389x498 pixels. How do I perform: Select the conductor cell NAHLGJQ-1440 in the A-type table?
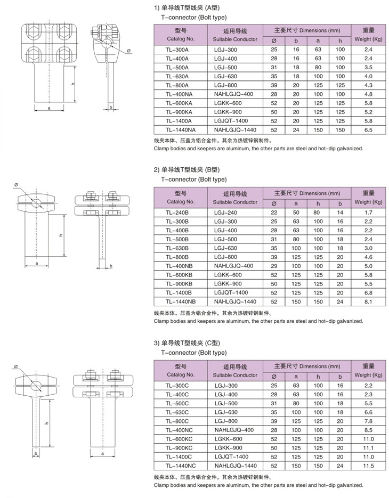235,129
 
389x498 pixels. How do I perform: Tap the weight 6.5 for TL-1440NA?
368,129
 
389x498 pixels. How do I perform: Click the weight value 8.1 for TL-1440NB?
368,301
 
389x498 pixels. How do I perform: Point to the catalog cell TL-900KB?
178,283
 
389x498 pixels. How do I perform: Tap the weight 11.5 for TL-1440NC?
368,466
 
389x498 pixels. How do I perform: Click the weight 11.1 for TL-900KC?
368,447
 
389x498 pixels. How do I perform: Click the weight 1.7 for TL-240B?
368,212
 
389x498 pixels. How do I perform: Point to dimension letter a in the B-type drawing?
36,263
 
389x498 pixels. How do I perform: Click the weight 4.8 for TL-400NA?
368,94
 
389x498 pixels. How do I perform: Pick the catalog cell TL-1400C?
178,456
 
